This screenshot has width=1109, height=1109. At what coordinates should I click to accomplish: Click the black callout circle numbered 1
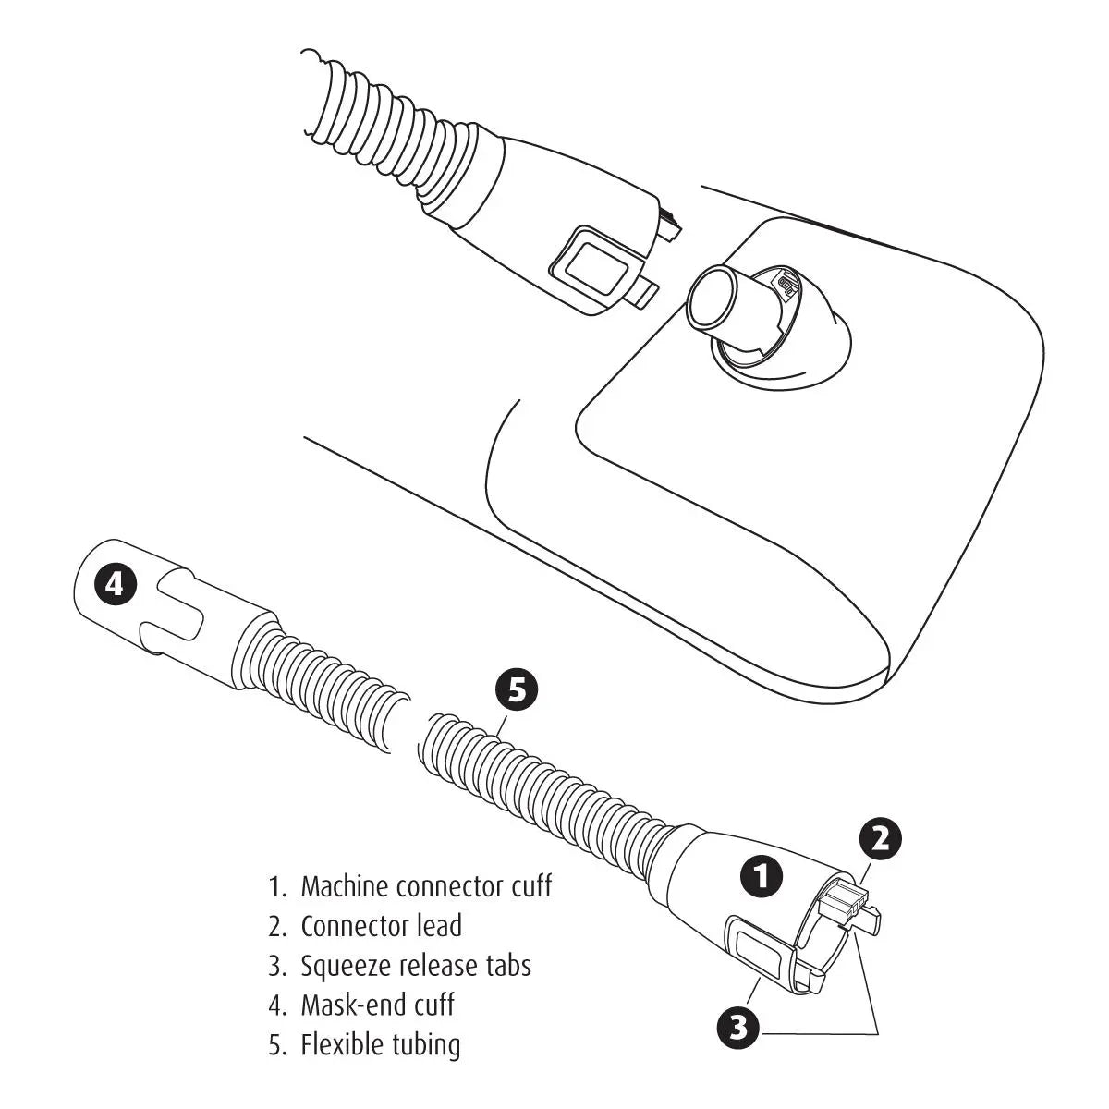762,876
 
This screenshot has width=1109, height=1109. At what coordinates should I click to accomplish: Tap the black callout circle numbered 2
881,838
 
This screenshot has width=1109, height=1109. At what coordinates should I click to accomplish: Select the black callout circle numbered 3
737,1027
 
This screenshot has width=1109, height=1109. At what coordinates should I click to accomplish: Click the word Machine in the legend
344,886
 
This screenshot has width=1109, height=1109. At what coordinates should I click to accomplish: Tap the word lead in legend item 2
440,926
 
